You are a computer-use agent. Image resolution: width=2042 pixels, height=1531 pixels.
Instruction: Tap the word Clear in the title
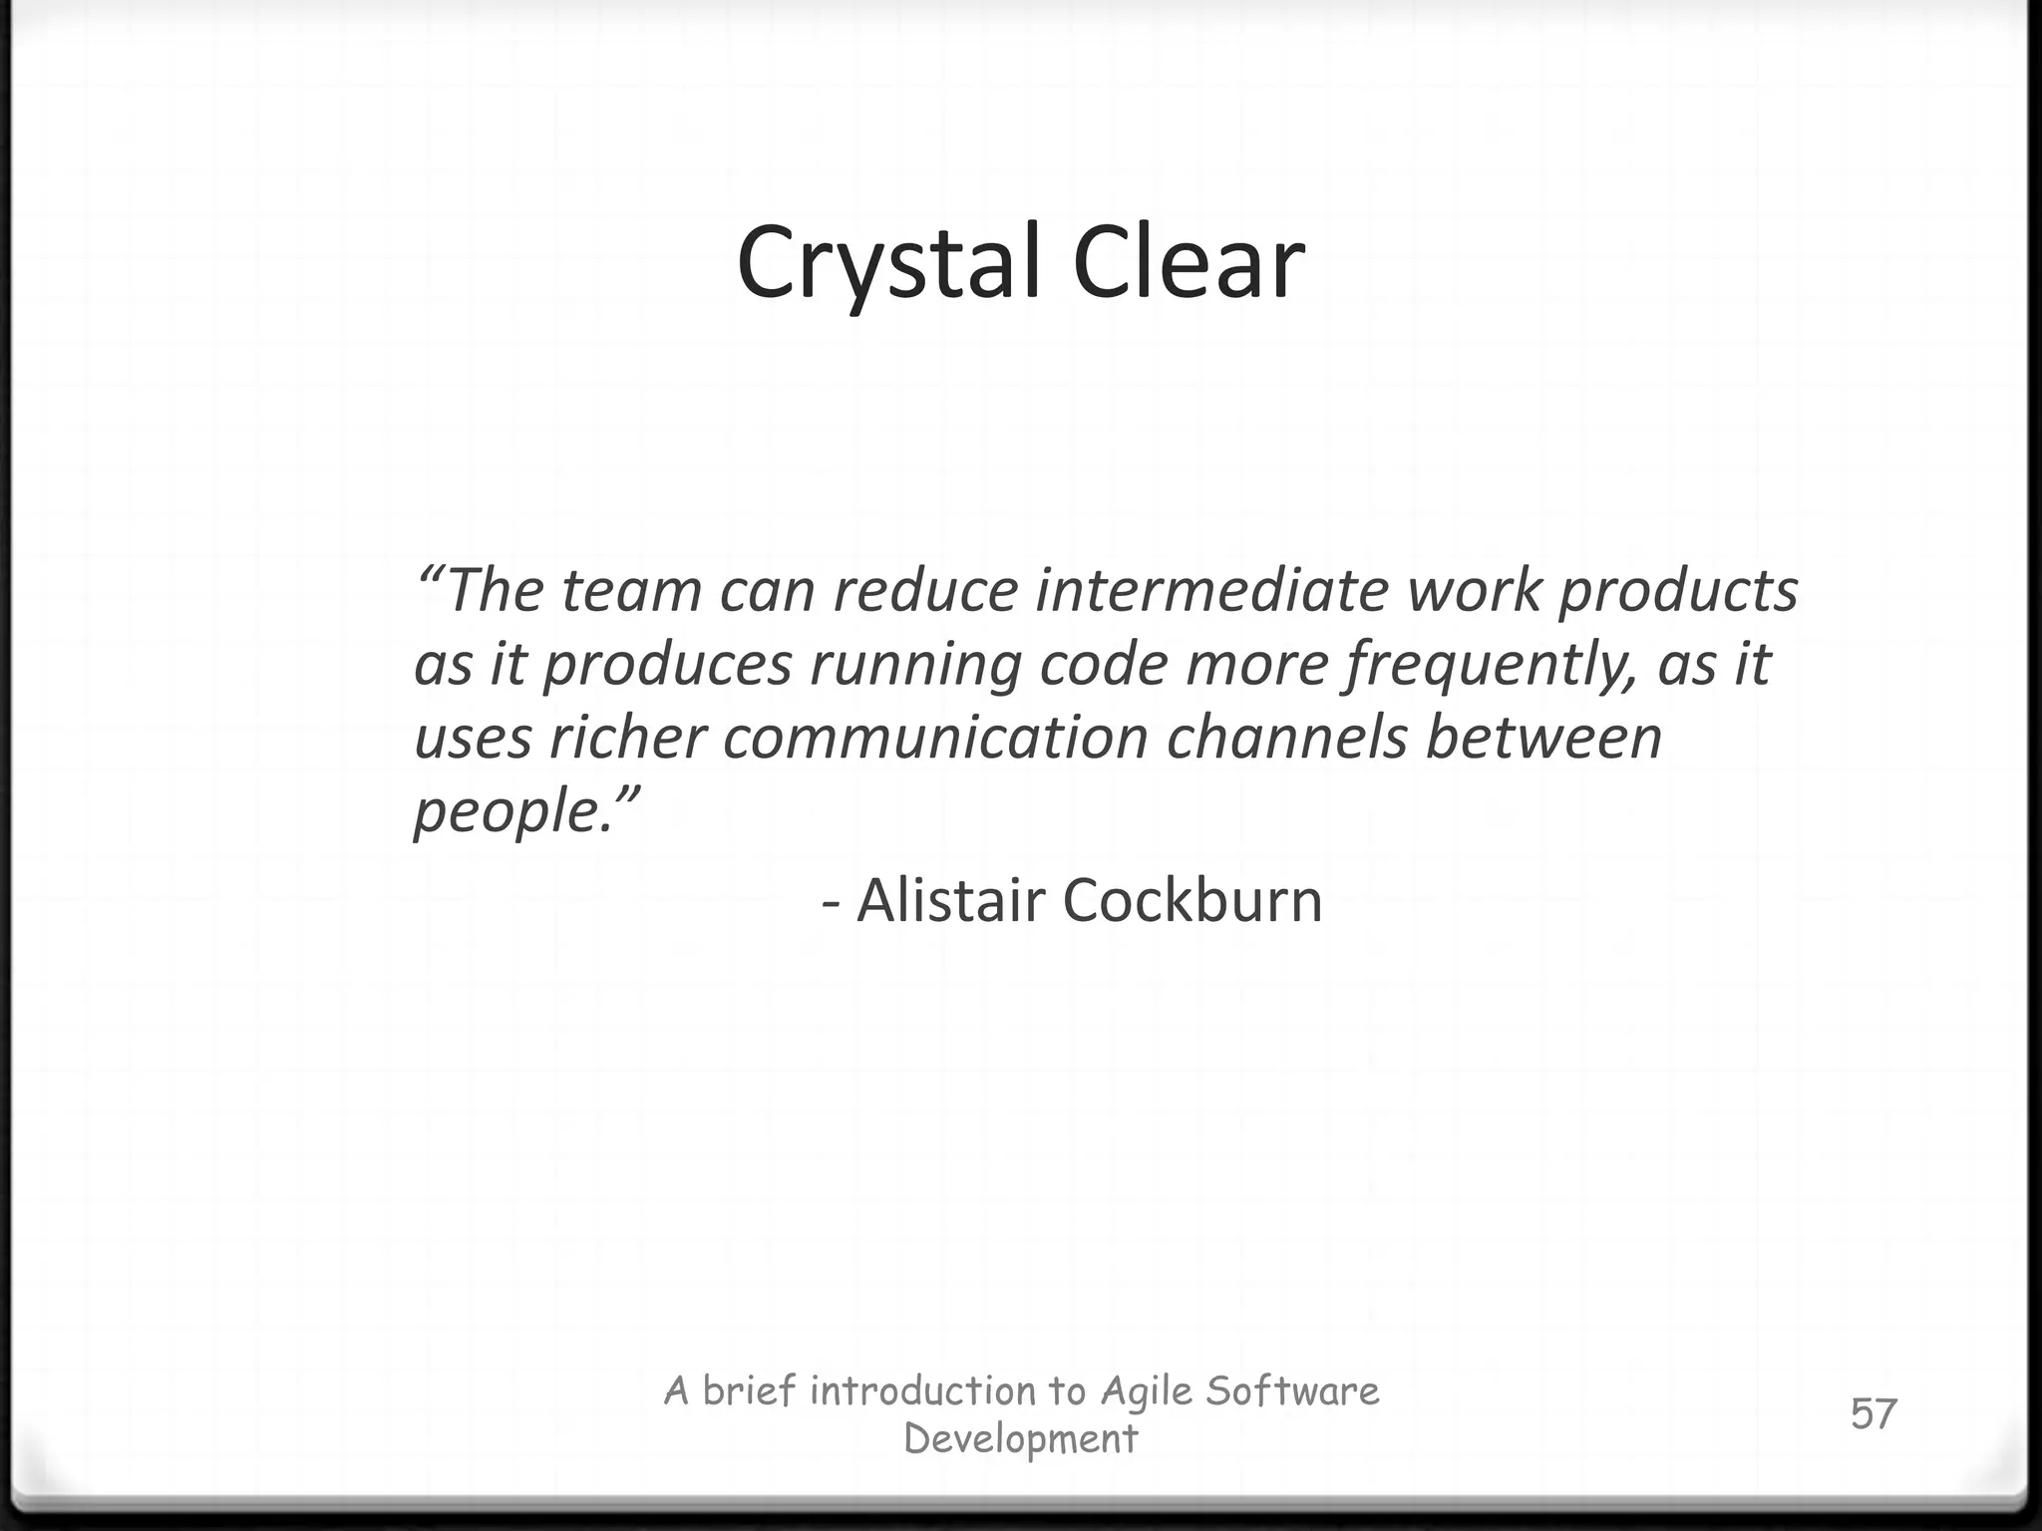[x=1189, y=263]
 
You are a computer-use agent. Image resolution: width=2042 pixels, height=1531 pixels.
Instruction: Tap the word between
[x=1543, y=738]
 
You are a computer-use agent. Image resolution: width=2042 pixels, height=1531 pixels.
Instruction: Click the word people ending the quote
[x=508, y=811]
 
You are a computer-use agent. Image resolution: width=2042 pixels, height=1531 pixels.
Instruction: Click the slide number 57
[x=1873, y=1414]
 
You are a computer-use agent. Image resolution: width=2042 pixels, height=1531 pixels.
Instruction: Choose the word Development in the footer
[x=1020, y=1439]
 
